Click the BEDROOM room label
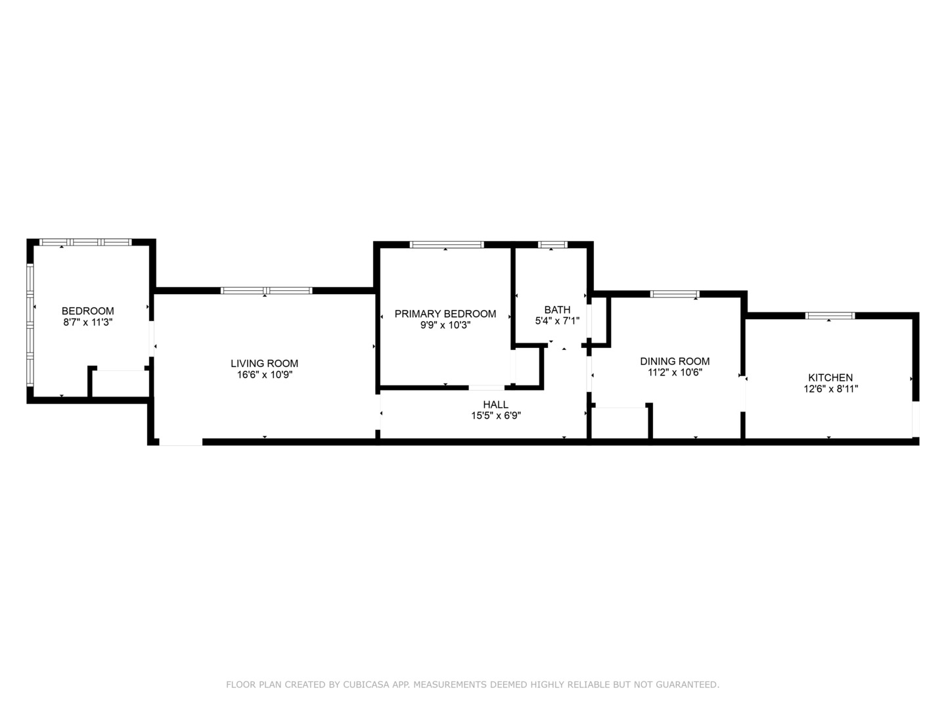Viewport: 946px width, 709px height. pos(88,311)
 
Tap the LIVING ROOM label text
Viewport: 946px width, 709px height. pos(264,364)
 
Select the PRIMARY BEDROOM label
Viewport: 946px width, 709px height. pos(445,314)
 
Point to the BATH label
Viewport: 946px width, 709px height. pos(557,310)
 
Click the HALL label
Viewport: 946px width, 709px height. pos(495,404)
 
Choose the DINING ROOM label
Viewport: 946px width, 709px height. pos(675,362)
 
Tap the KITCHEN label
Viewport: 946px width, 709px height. pos(830,378)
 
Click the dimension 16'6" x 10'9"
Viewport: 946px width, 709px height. pos(265,375)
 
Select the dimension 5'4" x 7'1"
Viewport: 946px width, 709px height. pos(557,321)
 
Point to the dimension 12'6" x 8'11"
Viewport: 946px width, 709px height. pos(831,389)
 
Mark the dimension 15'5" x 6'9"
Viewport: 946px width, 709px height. pos(496,416)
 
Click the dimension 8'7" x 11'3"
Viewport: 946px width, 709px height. pos(88,322)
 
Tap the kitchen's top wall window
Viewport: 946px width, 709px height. pos(830,316)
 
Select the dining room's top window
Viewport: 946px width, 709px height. pos(675,295)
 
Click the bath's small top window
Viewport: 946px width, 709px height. pos(552,244)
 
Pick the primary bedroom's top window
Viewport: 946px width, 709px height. pos(447,244)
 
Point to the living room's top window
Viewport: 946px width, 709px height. pos(266,291)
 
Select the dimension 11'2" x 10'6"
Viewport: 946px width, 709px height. pos(675,373)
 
